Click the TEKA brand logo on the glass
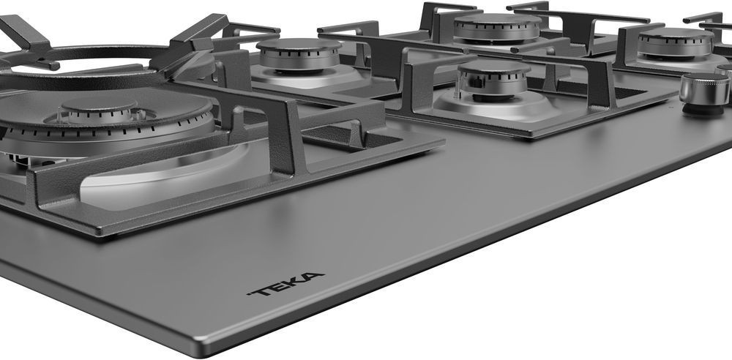[285, 284]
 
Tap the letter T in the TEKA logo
[258, 291]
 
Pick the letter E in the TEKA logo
[277, 286]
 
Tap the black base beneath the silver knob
[703, 110]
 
